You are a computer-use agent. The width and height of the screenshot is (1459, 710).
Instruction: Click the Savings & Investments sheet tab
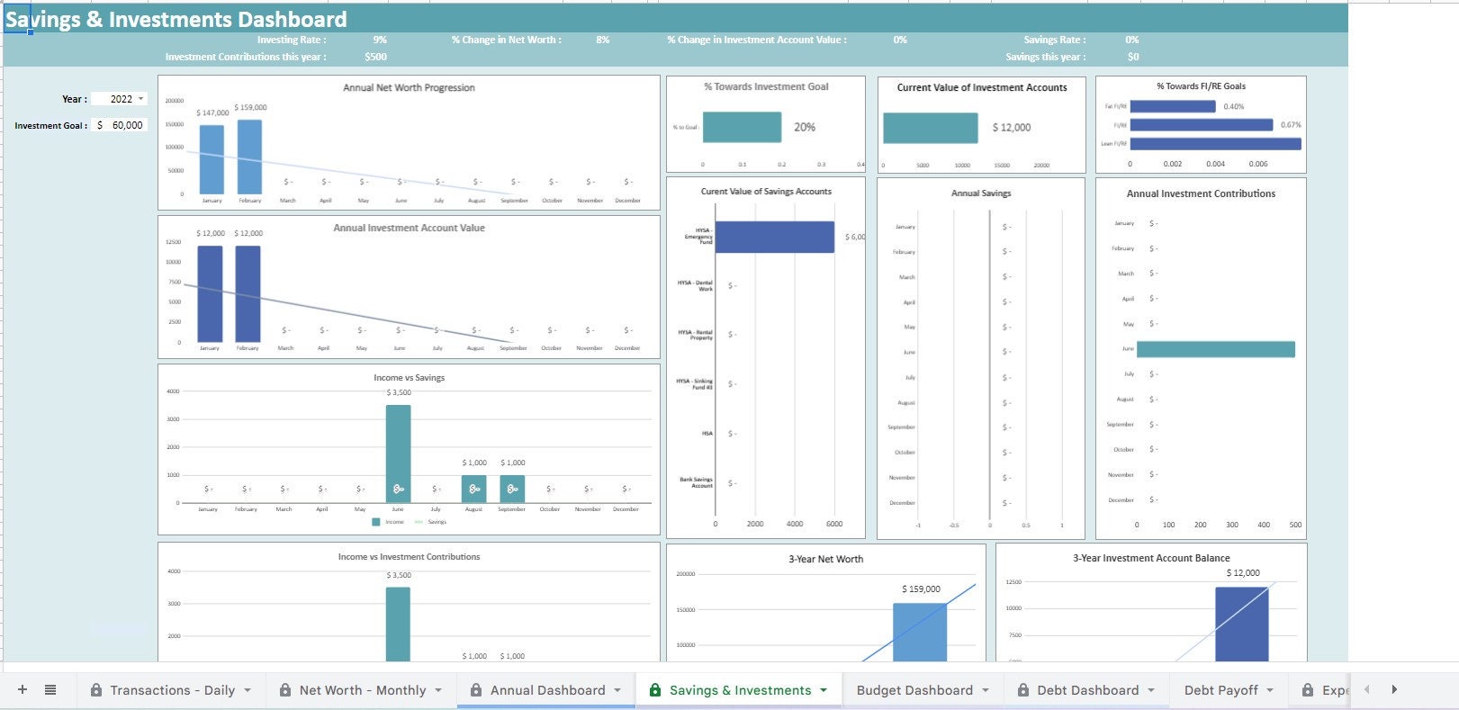click(x=740, y=690)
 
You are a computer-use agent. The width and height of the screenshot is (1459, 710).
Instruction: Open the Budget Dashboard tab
click(x=914, y=690)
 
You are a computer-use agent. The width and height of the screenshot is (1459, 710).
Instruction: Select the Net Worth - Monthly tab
click(x=362, y=690)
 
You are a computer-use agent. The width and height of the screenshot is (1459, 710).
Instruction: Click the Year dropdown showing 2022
click(x=127, y=99)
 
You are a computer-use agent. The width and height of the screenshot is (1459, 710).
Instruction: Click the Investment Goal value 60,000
click(x=127, y=125)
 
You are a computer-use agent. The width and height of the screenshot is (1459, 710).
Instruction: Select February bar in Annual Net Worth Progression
click(x=249, y=157)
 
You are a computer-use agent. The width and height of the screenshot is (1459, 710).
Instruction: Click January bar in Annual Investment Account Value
click(x=210, y=293)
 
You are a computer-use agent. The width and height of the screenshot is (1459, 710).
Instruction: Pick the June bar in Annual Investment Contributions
click(x=1215, y=349)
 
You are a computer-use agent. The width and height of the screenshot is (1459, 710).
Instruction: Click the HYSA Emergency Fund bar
click(x=774, y=237)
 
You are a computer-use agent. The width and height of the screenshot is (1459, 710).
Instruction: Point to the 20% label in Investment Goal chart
click(x=805, y=127)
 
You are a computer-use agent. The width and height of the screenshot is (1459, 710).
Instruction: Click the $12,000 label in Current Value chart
click(x=1011, y=128)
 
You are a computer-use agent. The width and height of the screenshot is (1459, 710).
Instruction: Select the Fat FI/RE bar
click(x=1172, y=106)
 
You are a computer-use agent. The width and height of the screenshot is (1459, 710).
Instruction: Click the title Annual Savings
click(x=981, y=193)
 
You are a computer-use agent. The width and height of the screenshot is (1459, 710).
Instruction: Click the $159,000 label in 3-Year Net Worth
click(x=920, y=589)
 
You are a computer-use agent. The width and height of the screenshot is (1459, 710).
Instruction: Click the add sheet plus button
click(x=23, y=690)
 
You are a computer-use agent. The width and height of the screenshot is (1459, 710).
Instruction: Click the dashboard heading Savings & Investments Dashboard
click(x=176, y=19)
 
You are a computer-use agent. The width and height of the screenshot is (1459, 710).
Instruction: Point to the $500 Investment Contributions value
click(x=375, y=57)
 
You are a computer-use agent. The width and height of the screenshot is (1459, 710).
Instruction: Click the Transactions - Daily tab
click(x=171, y=690)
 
